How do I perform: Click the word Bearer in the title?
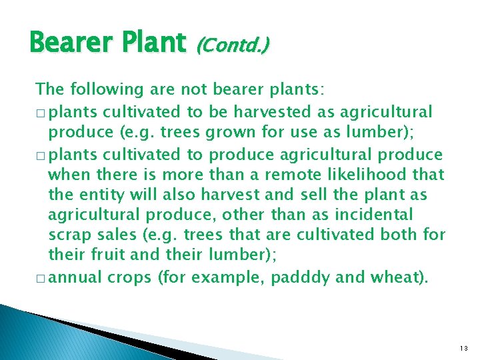74,43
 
